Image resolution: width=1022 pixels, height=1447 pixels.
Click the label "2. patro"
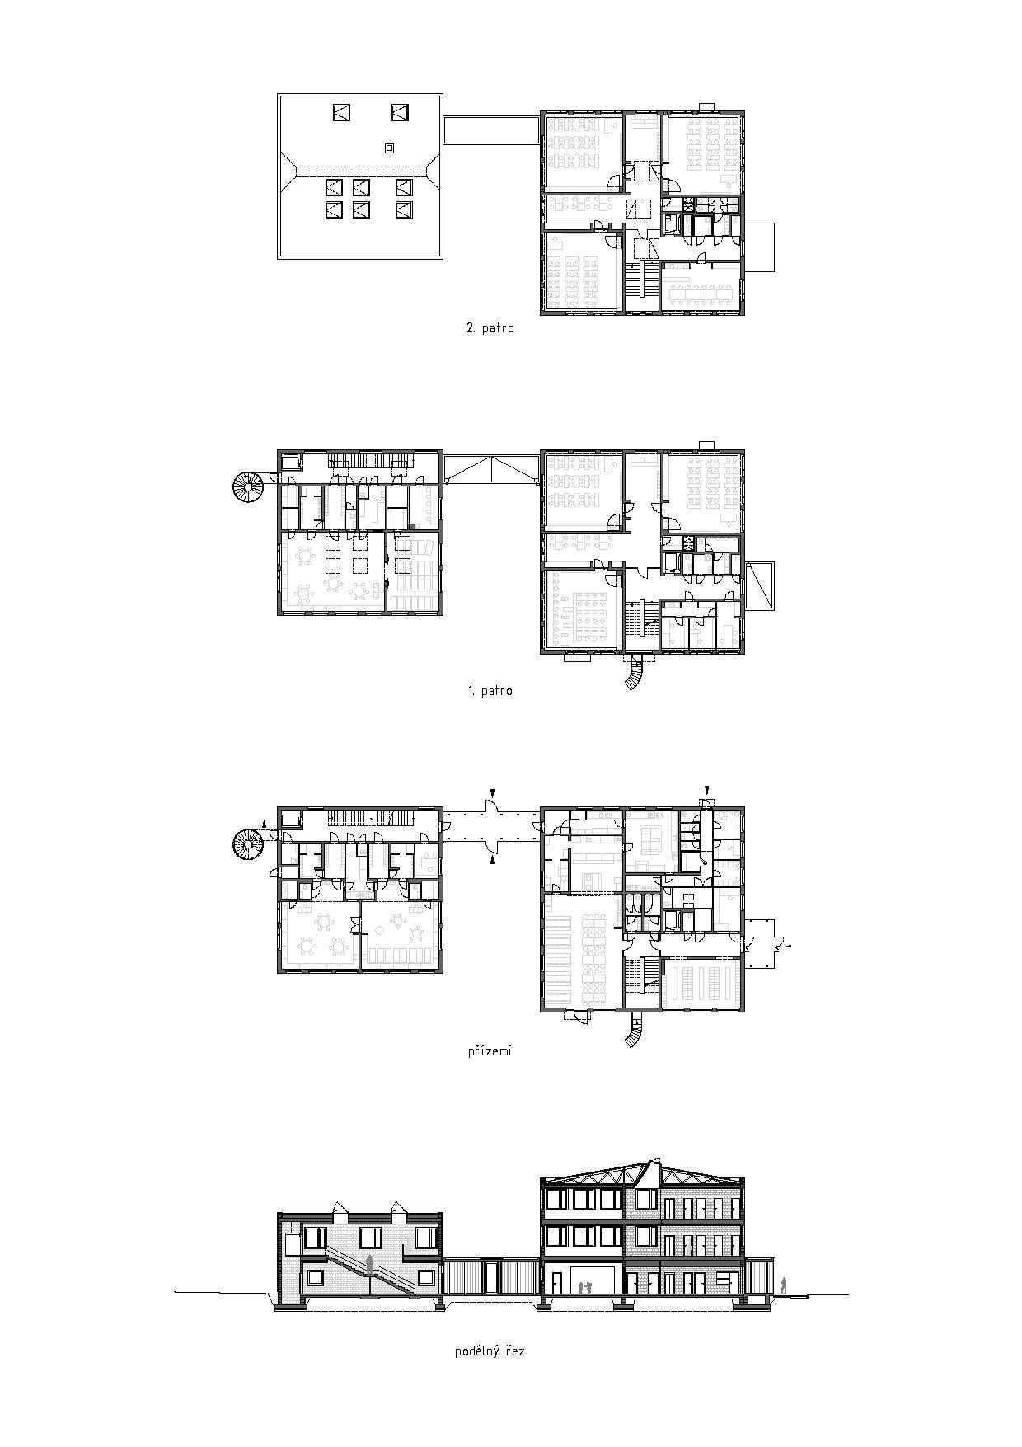[x=490, y=328]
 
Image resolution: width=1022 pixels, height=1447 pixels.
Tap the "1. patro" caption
[x=490, y=691]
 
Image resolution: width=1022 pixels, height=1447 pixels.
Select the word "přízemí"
[x=490, y=1052]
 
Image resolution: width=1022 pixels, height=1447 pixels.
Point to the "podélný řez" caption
[x=490, y=1374]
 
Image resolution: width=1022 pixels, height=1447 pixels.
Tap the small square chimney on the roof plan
[x=389, y=148]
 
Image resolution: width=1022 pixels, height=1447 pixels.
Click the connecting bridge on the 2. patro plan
[x=491, y=129]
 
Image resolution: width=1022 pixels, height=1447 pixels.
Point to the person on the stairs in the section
[x=371, y=1266]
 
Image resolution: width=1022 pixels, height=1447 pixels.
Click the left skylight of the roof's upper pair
[x=343, y=112]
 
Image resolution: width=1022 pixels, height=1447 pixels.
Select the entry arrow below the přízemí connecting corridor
[x=491, y=860]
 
